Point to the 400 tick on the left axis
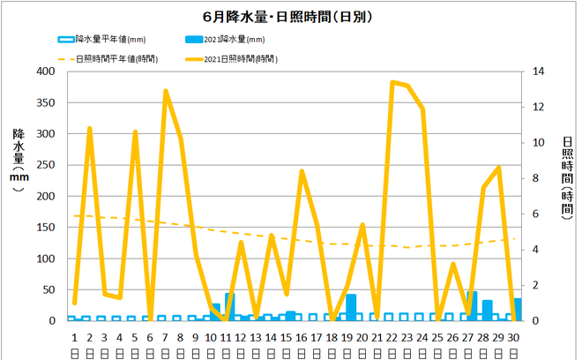point(46,71)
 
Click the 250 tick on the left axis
point(46,165)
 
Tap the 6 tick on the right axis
point(537,214)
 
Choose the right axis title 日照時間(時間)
point(567,176)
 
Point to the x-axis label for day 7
point(165,336)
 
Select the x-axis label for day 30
point(513,336)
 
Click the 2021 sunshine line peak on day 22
point(392,82)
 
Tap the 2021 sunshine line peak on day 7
point(165,91)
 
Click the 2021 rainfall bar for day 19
point(351,307)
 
